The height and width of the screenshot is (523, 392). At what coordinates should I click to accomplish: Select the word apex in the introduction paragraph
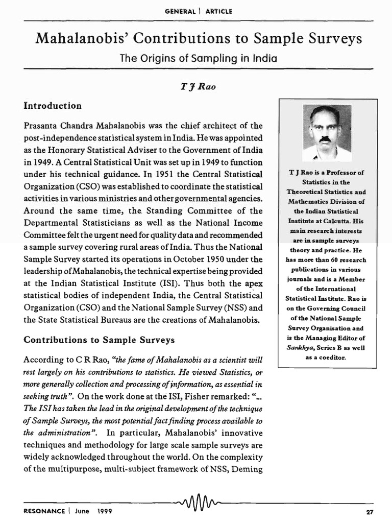coord(253,283)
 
